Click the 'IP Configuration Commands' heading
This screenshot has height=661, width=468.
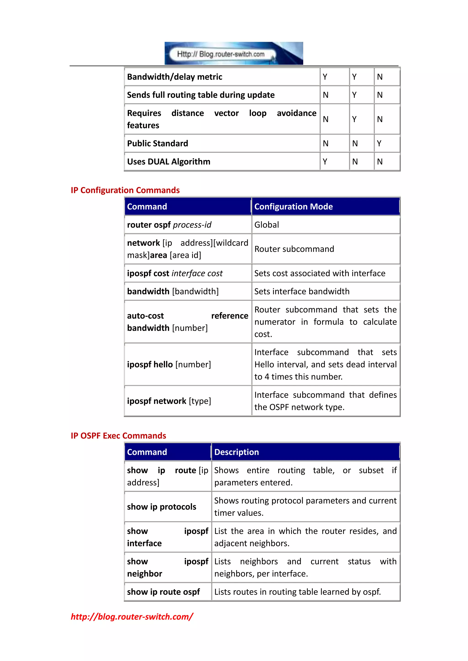[125, 190]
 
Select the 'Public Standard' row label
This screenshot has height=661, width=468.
[157, 143]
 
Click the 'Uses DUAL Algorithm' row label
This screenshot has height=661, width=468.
[169, 162]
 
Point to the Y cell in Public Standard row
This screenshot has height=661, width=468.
[379, 143]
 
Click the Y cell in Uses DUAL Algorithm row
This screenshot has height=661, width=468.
[325, 162]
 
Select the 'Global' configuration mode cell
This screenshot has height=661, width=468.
[267, 225]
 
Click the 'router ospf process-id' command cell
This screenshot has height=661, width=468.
[169, 225]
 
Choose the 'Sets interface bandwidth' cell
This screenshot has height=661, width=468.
[302, 291]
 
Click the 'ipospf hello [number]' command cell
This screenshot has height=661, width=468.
[169, 365]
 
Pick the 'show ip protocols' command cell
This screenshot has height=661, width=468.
[161, 507]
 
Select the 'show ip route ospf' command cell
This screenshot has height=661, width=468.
[163, 592]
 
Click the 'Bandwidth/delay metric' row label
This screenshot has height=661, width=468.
[174, 77]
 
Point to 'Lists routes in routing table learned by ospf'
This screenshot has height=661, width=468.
[297, 592]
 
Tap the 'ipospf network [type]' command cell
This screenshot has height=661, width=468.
[169, 401]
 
